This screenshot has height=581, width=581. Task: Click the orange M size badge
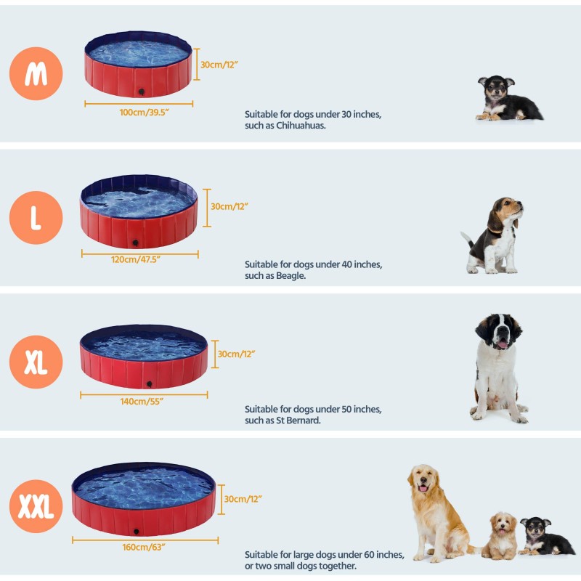pyautogui.click(x=36, y=73)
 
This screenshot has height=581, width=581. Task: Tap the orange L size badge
pyautogui.click(x=36, y=217)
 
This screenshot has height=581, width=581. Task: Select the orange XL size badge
pyautogui.click(x=36, y=362)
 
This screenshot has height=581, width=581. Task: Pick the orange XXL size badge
pyautogui.click(x=36, y=506)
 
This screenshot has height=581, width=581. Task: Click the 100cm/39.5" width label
pyautogui.click(x=139, y=113)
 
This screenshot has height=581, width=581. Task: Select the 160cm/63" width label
pyautogui.click(x=144, y=547)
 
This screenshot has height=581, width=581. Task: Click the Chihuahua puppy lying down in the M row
pyautogui.click(x=506, y=99)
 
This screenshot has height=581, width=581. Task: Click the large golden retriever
pyautogui.click(x=436, y=512)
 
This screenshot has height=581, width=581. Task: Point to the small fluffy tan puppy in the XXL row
pyautogui.click(x=501, y=536)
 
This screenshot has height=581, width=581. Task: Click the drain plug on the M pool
pyautogui.click(x=141, y=92)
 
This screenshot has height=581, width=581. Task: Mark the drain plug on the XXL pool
pyautogui.click(x=136, y=531)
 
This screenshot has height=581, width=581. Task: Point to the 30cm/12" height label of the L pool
pyautogui.click(x=229, y=206)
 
